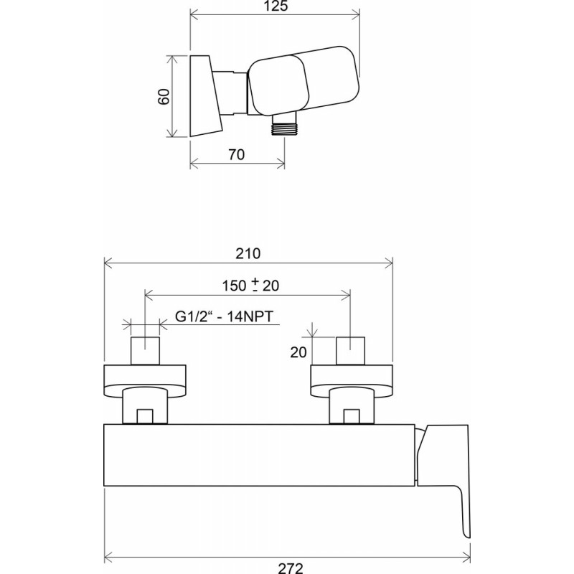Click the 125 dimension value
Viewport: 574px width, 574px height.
(276, 6)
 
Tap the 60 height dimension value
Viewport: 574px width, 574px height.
(164, 97)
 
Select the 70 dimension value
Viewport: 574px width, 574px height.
(237, 154)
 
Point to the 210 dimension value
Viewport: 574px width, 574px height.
(248, 253)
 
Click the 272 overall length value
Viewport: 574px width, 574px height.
(291, 568)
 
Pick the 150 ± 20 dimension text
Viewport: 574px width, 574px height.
(250, 285)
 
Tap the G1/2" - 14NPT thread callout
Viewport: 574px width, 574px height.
(225, 316)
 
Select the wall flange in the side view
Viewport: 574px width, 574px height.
(206, 96)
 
